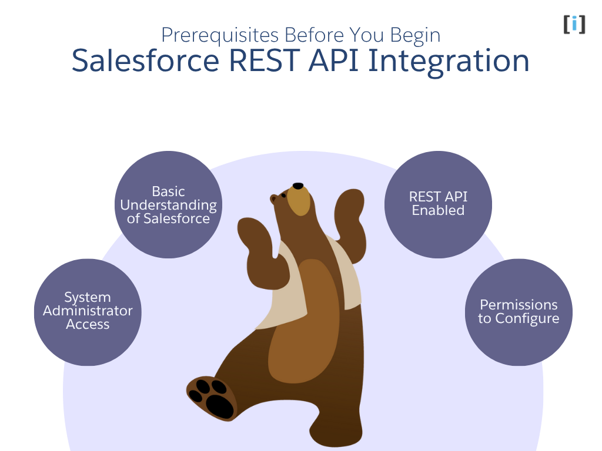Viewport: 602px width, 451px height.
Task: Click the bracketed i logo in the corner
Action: [x=574, y=24]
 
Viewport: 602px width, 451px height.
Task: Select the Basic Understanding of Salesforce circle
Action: [x=168, y=205]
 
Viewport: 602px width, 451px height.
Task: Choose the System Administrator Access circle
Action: [x=88, y=312]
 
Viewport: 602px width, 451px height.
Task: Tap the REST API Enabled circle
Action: [x=438, y=204]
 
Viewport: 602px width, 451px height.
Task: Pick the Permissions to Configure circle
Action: [x=518, y=312]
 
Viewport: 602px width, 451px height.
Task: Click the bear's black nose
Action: [x=298, y=186]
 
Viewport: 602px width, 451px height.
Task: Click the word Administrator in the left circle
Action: [x=88, y=311]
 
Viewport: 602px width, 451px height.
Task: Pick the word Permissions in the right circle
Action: [x=519, y=305]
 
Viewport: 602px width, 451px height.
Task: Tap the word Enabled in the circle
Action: [x=438, y=211]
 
